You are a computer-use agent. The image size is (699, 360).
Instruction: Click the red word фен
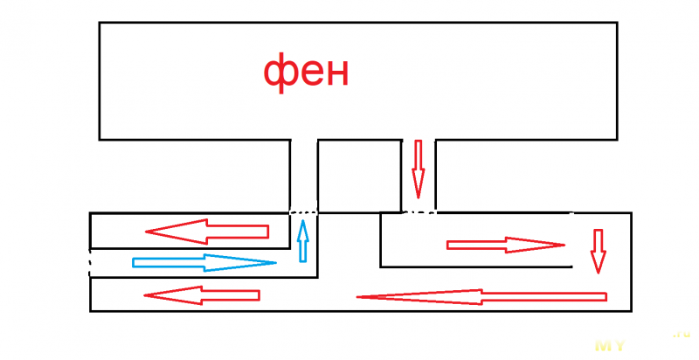coord(306,73)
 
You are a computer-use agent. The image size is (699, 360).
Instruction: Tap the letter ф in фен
coord(279,74)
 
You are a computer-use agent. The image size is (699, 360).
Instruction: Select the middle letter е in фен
coord(308,75)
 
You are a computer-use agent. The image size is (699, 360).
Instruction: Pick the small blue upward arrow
coord(303,241)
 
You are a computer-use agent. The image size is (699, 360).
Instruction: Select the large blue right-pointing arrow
coord(204,262)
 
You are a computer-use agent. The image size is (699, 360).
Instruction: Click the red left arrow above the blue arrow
coord(207,231)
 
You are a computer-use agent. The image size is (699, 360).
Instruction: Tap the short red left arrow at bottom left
coord(202,294)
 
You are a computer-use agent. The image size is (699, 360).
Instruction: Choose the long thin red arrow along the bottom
coord(481,296)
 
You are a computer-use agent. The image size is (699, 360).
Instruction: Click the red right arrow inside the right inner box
coord(506,245)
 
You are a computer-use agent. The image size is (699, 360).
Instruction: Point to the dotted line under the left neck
coord(303,211)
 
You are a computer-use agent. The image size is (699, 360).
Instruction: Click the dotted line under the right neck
coord(418,211)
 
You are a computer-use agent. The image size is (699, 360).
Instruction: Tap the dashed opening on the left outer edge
coord(90,262)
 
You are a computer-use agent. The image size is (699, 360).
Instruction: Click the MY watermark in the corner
coord(609,345)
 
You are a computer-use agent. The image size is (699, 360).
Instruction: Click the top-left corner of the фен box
coord(100,24)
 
